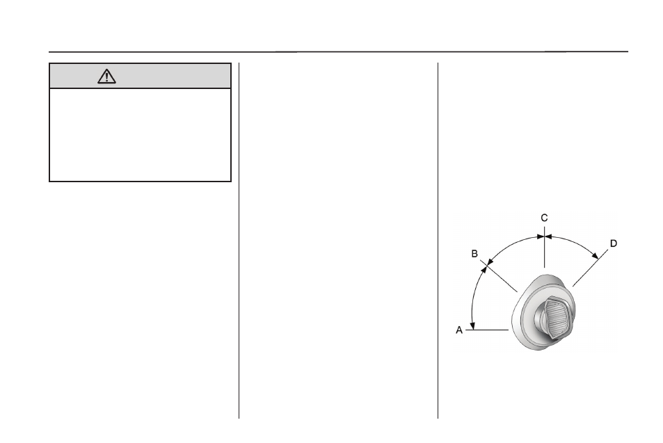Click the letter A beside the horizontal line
(x=459, y=330)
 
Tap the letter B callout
(x=474, y=254)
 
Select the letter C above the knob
(x=544, y=218)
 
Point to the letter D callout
(x=614, y=243)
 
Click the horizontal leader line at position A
(x=487, y=330)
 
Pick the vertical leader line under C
(x=544, y=248)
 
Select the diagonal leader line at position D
(x=590, y=268)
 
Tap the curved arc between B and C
(x=511, y=244)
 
